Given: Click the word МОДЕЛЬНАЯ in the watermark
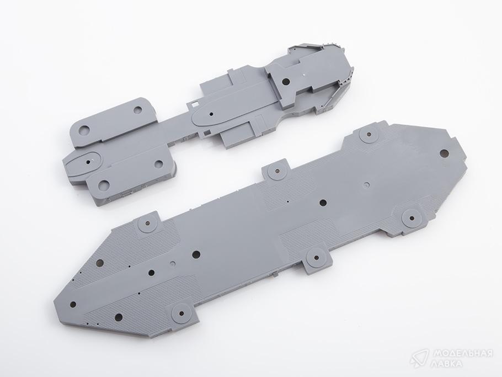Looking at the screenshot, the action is [462, 354].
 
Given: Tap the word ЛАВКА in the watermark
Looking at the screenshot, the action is [447, 364].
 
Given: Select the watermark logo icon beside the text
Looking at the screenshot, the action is [419, 358].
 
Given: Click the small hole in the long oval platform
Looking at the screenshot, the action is [211, 114].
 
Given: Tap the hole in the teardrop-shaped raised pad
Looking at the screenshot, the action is [88, 162].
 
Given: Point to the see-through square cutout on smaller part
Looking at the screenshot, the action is [194, 104].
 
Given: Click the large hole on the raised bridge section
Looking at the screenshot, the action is [286, 82].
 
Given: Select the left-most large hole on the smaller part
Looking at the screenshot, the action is [84, 130].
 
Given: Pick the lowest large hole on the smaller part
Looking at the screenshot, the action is [104, 184].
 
